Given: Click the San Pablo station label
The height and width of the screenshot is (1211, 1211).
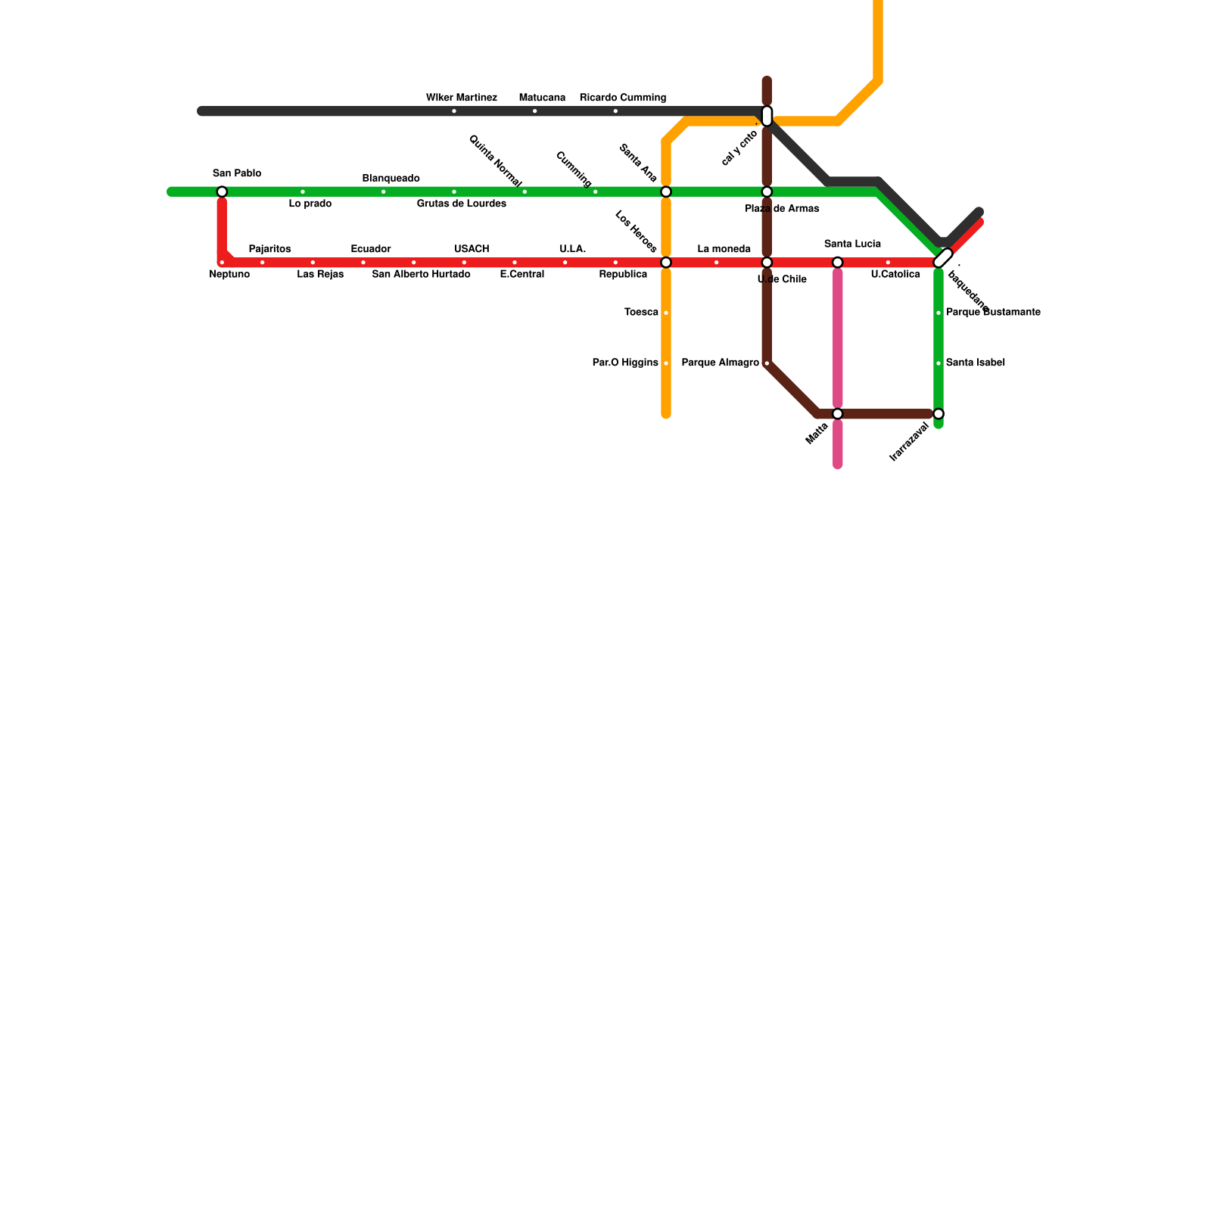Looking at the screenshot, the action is (236, 173).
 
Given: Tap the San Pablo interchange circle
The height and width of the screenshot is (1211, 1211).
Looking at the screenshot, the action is (222, 191).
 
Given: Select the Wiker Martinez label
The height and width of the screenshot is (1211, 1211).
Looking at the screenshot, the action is (461, 98).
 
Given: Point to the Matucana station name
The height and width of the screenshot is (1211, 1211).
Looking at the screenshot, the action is (542, 98).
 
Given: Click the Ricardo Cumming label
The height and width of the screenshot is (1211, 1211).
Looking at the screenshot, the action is (622, 98).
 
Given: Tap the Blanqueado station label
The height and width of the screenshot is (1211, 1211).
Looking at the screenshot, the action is (391, 179).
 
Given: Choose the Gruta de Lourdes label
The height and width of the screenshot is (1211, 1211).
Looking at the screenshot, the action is (461, 204).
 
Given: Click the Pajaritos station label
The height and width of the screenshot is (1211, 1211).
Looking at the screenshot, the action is (269, 249).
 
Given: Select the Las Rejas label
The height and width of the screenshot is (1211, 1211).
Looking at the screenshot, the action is (320, 275).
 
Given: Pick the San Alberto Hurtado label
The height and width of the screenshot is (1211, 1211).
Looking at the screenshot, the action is (421, 275).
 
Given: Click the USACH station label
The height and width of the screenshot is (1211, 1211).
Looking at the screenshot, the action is (472, 249).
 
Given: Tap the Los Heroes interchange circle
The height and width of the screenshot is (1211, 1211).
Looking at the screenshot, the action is (666, 263).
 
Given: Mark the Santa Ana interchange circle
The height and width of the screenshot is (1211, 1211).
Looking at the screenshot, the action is (666, 191).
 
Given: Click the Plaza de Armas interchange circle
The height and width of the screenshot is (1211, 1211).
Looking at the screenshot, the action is (767, 191).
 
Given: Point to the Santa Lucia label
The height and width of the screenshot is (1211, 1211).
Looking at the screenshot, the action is (852, 244).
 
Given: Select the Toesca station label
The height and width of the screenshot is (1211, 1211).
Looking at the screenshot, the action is (641, 313).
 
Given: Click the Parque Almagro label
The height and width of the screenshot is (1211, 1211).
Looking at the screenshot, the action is (720, 363).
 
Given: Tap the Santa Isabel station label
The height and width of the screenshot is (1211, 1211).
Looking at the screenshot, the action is (975, 363).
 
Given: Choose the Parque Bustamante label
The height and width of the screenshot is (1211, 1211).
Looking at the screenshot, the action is (992, 313).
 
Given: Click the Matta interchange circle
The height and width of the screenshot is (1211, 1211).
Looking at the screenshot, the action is (838, 414).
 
